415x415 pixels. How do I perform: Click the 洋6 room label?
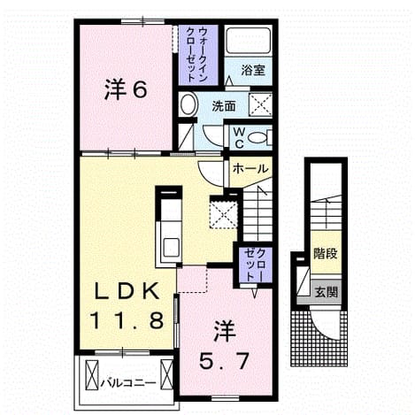126,90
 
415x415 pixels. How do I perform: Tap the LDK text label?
127,292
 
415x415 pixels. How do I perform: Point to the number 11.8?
127,320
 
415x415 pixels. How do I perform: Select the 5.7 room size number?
224,361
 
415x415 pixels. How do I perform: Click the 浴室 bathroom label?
253,70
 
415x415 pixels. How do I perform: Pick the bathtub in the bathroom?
249,41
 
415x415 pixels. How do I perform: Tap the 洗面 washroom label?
224,106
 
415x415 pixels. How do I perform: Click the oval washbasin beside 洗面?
188,104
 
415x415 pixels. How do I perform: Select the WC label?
239,138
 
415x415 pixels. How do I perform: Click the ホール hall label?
250,169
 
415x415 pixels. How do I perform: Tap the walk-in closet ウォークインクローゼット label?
198,55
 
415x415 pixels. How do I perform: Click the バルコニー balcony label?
128,383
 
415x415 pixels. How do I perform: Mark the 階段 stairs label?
325,253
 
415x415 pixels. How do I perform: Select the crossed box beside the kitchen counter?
223,213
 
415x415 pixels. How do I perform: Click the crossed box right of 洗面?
260,104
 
